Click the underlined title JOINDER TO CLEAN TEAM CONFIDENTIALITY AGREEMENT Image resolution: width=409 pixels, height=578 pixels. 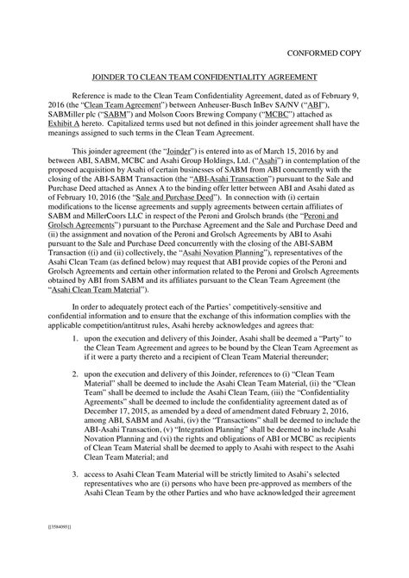click(x=204, y=77)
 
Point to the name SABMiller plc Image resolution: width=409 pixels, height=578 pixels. click(x=93, y=123)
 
